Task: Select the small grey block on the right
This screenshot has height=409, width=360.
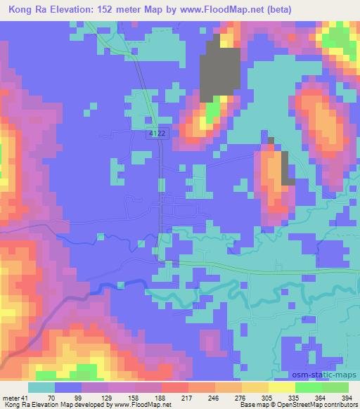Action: [288, 169]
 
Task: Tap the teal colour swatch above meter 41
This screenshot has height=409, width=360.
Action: [41, 387]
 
